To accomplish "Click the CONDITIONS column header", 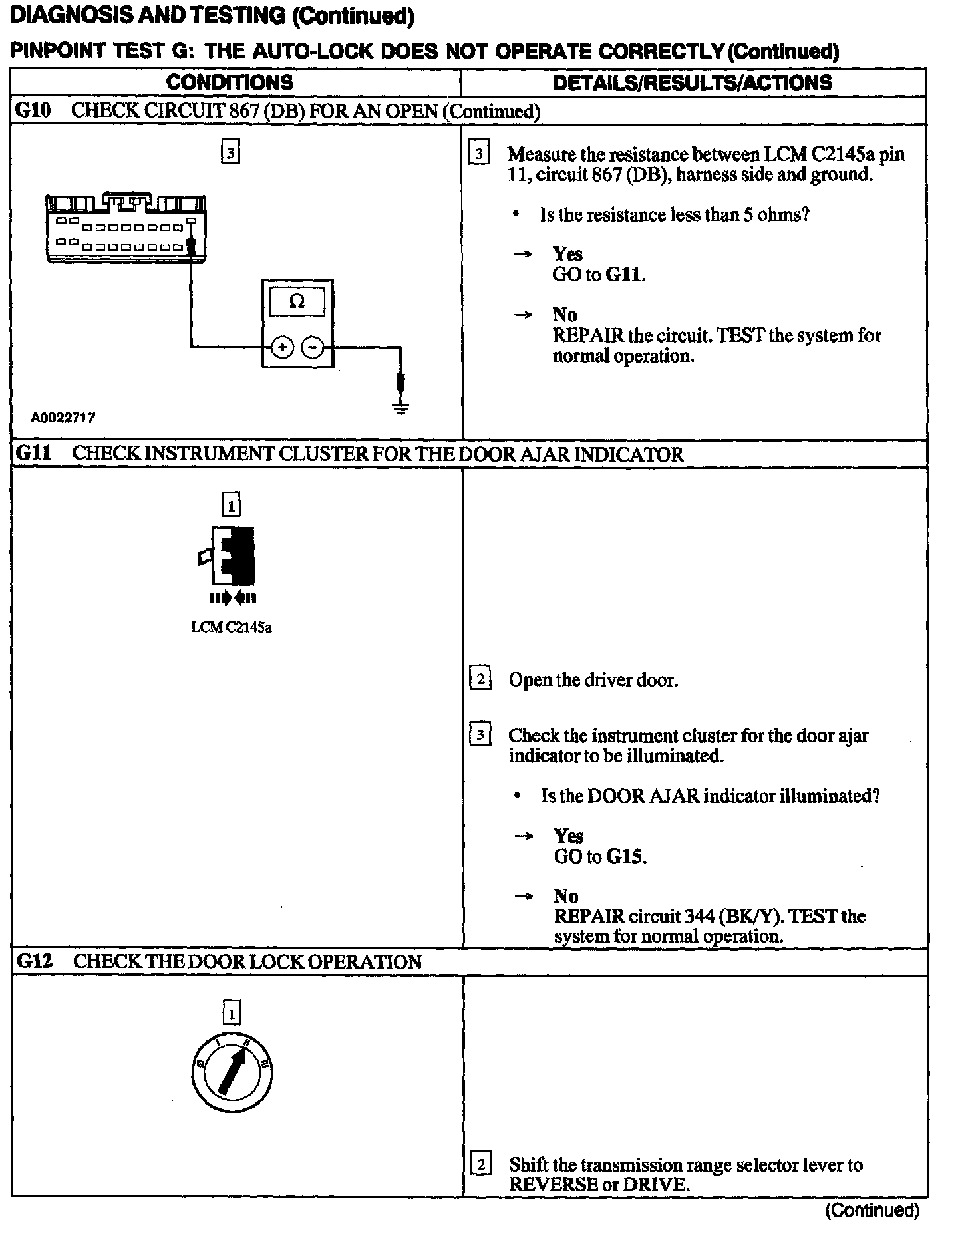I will [230, 82].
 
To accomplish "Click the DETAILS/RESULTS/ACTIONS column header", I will [692, 82].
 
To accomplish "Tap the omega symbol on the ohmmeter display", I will [297, 301].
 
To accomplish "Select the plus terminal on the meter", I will [283, 347].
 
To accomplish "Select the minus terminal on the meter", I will [313, 347].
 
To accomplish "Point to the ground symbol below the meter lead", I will [400, 408].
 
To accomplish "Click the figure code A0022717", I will [63, 418].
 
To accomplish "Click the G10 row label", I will [33, 110].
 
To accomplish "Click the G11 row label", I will [33, 454].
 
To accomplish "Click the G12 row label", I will [33, 961].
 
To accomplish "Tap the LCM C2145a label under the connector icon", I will [231, 627].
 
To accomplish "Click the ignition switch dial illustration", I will [231, 1072].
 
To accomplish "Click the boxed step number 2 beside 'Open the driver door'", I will [480, 679].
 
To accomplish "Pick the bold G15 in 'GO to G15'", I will [625, 856].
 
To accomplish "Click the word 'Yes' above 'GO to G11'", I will [567, 254].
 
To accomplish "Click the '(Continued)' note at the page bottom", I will [872, 1210].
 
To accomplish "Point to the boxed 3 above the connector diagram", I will [230, 153].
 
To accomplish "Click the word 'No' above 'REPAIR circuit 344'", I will [566, 896].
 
